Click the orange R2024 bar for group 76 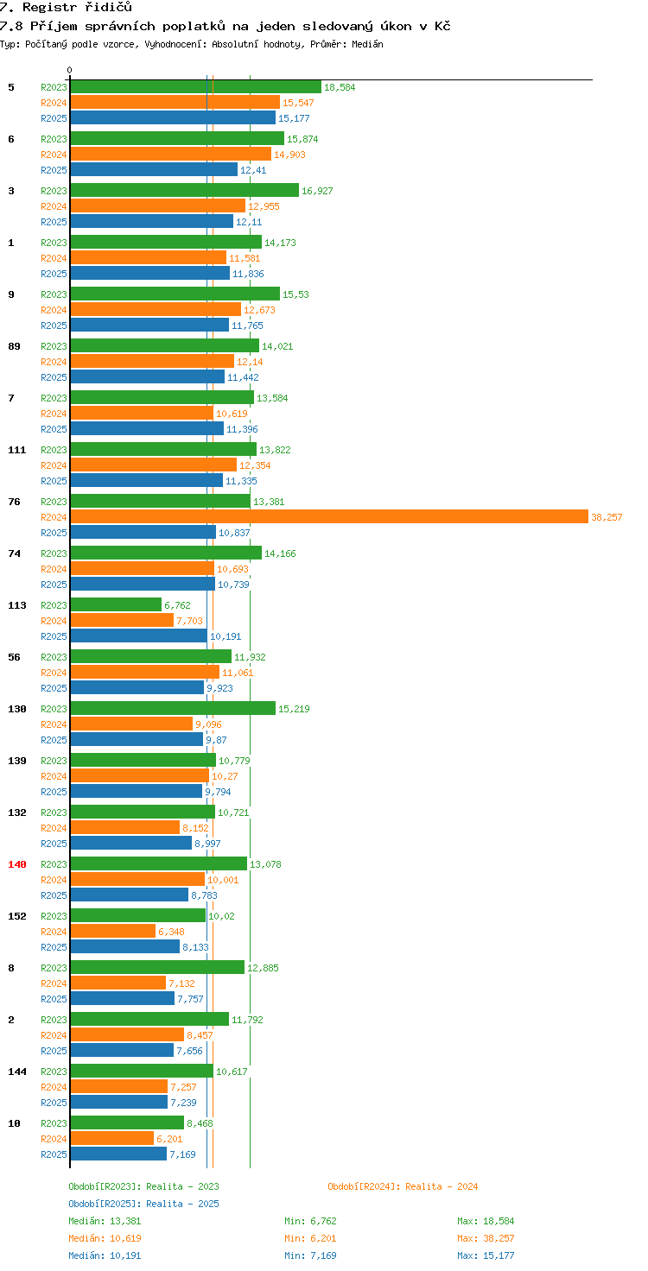pyautogui.click(x=328, y=516)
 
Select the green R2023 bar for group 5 pyautogui.click(x=195, y=86)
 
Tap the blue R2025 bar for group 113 pyautogui.click(x=138, y=635)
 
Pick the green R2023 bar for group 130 pyautogui.click(x=173, y=708)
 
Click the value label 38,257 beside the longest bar pyautogui.click(x=607, y=517)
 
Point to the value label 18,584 pyautogui.click(x=339, y=87)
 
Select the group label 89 pyautogui.click(x=13, y=346)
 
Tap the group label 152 pyautogui.click(x=16, y=916)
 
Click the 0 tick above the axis pyautogui.click(x=70, y=70)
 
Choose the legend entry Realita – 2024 pyautogui.click(x=403, y=1186)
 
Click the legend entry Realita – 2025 pyautogui.click(x=143, y=1204)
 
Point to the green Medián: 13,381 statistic pyautogui.click(x=105, y=1221)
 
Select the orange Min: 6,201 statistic pyautogui.click(x=308, y=1238)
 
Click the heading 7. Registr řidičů pyautogui.click(x=66, y=8)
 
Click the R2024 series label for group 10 pyautogui.click(x=54, y=1139)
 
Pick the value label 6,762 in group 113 pyautogui.click(x=178, y=605)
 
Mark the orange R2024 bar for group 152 pyautogui.click(x=112, y=931)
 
